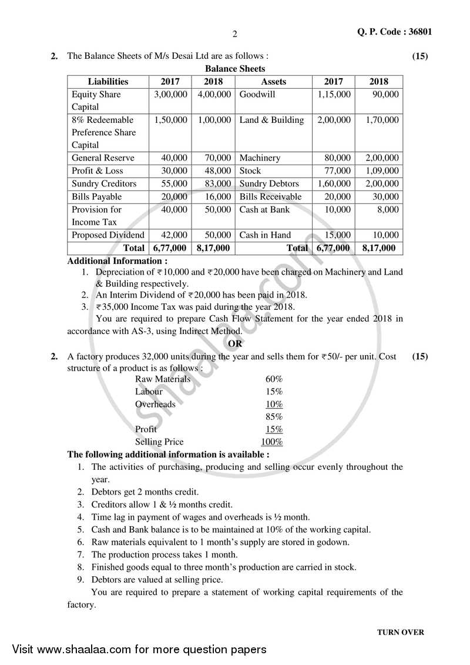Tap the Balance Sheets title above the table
tap(234, 69)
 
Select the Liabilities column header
tap(108, 82)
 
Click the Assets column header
tap(273, 82)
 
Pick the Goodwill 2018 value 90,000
tap(385, 94)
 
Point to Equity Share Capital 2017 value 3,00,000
tap(170, 94)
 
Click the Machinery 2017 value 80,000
tap(337, 158)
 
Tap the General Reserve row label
tap(103, 158)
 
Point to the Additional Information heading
tap(117, 260)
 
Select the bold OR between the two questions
tap(235, 344)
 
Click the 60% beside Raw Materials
tap(274, 379)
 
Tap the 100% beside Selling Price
tap(271, 442)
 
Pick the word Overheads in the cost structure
tap(155, 404)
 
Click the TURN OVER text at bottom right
tap(400, 633)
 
